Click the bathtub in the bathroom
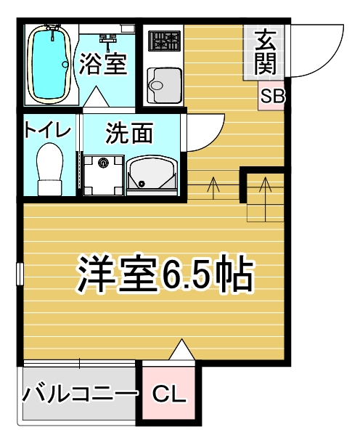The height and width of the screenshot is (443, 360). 49,64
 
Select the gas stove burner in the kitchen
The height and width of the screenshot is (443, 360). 165,41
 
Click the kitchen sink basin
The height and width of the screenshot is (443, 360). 164,85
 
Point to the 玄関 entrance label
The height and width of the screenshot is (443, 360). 265,52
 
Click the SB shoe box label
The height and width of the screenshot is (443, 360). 272,96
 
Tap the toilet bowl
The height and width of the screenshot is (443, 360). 49,169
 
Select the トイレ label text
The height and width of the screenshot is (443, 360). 47,129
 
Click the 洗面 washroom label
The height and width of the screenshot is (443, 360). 129,132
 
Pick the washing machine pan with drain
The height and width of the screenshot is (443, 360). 104,175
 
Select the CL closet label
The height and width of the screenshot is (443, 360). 169,394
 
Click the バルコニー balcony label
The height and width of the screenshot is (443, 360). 80,394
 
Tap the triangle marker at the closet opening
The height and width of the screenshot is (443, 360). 182,349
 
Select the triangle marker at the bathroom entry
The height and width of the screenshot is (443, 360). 97,97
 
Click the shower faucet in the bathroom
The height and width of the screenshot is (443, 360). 107,38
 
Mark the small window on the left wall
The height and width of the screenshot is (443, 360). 20,274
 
